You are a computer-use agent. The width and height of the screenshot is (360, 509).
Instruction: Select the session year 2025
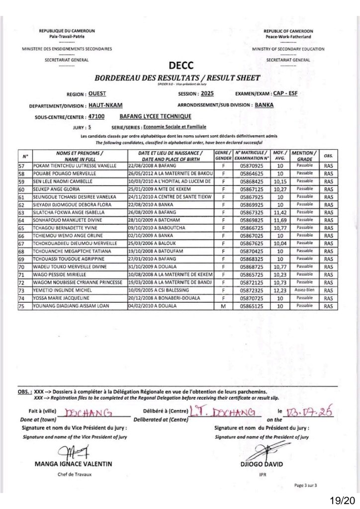pyautogui.click(x=206, y=93)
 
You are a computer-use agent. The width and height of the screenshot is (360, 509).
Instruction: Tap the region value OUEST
pyautogui.click(x=97, y=93)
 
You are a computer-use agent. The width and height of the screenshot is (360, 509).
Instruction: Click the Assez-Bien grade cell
pyautogui.click(x=304, y=290)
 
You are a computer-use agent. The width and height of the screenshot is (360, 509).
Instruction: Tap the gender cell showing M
pyautogui.click(x=224, y=306)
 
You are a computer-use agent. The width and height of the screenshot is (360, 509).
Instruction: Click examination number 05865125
pyautogui.click(x=251, y=306)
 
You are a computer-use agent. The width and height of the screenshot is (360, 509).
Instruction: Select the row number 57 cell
pyautogui.click(x=22, y=165)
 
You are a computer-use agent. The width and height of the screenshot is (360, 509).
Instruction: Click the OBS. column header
pyautogui.click(x=328, y=155)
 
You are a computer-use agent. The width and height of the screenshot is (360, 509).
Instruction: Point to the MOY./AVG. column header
pyautogui.click(x=280, y=155)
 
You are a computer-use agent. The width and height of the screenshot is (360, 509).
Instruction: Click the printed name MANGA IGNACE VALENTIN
pyautogui.click(x=74, y=464)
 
